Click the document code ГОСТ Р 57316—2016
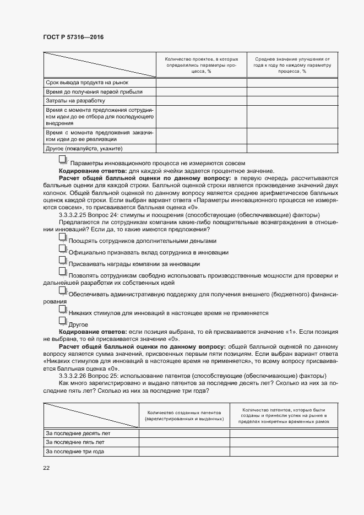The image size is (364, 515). pyautogui.click(x=73, y=37)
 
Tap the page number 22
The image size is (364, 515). pyautogui.click(x=46, y=468)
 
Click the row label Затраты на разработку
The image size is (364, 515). pyautogui.click(x=75, y=101)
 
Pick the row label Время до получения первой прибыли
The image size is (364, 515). pyautogui.click(x=94, y=92)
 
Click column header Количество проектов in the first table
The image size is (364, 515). pyautogui.click(x=202, y=64)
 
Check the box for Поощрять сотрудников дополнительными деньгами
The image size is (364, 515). pyautogui.click(x=63, y=238)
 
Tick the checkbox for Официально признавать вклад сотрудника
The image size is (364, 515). pyautogui.click(x=63, y=250)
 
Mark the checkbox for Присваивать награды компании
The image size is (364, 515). pyautogui.click(x=63, y=262)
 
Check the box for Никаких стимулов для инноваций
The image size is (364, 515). pyautogui.click(x=63, y=311)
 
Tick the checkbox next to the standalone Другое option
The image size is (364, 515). pyautogui.click(x=63, y=322)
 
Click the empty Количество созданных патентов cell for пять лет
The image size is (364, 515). pyautogui.click(x=184, y=442)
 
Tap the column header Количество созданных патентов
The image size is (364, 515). pyautogui.click(x=184, y=415)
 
